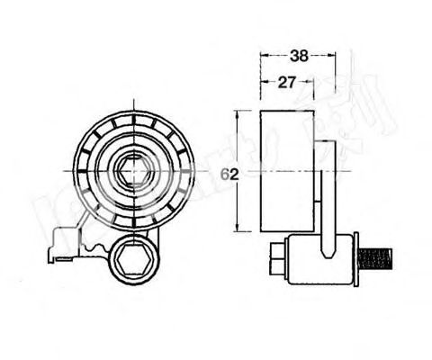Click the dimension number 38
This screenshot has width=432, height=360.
tap(299, 55)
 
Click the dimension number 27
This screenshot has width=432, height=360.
tap(287, 82)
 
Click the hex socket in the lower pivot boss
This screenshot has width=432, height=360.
tap(132, 262)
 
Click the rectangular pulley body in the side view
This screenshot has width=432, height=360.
tap(286, 171)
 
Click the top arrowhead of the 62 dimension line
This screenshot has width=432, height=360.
tap(237, 114)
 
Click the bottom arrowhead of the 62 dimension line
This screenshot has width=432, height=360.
tap(237, 229)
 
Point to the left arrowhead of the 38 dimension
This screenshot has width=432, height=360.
tap(264, 55)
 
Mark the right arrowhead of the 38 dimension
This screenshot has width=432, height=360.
tap(333, 55)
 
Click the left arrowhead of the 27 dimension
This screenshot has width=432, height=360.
tap(264, 82)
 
